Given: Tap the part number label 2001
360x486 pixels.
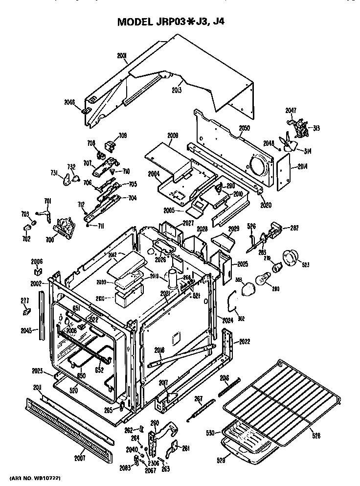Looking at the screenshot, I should [x=122, y=56].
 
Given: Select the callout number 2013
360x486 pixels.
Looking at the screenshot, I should [x=177, y=90].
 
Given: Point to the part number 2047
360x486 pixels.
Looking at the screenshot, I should [x=291, y=111].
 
